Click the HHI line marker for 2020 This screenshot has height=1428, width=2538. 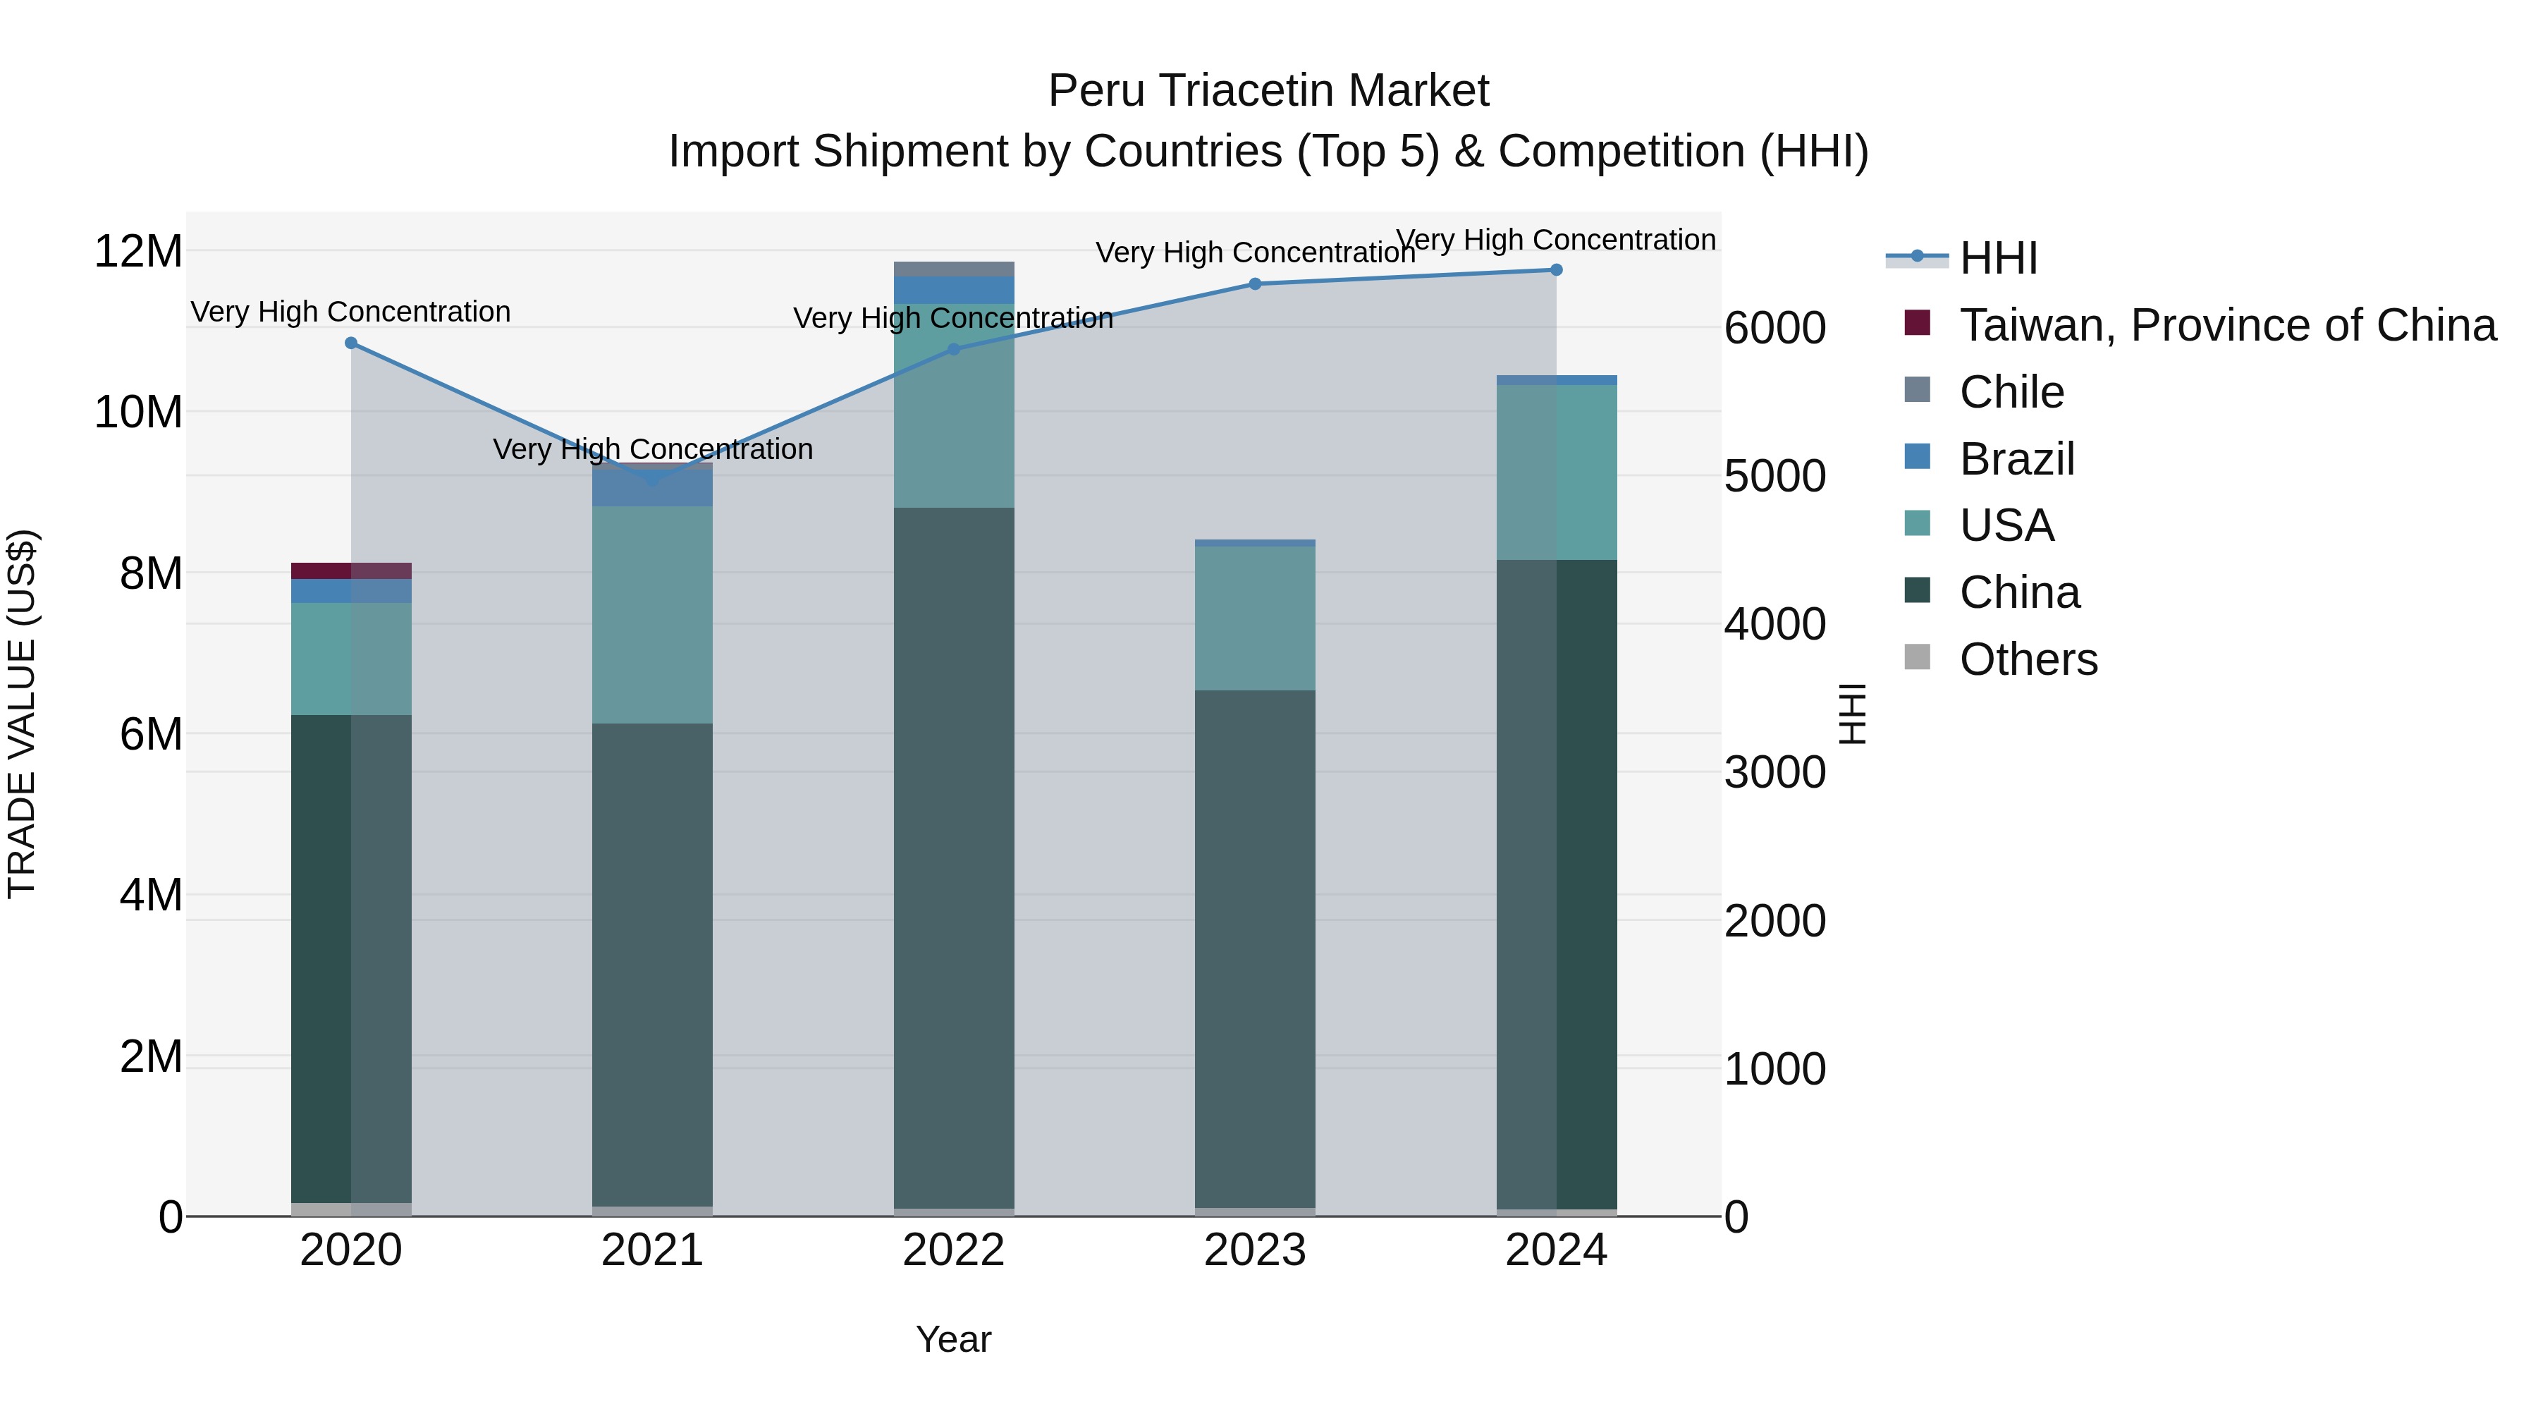351,343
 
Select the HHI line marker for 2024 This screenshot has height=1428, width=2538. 1556,270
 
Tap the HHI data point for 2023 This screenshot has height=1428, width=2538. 1254,283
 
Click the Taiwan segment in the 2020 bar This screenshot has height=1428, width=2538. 351,570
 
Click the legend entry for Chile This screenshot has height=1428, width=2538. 2010,392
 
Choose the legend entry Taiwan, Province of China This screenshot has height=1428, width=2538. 2226,325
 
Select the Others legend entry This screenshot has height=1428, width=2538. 2028,659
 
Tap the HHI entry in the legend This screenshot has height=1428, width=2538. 1998,258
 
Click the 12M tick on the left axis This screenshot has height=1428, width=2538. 138,251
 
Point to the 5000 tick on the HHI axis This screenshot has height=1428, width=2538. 1774,476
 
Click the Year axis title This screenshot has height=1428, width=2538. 952,1339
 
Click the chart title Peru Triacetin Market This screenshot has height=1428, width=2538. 1268,91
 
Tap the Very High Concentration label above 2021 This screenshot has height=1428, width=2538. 652,449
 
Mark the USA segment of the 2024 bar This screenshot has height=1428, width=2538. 1556,473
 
